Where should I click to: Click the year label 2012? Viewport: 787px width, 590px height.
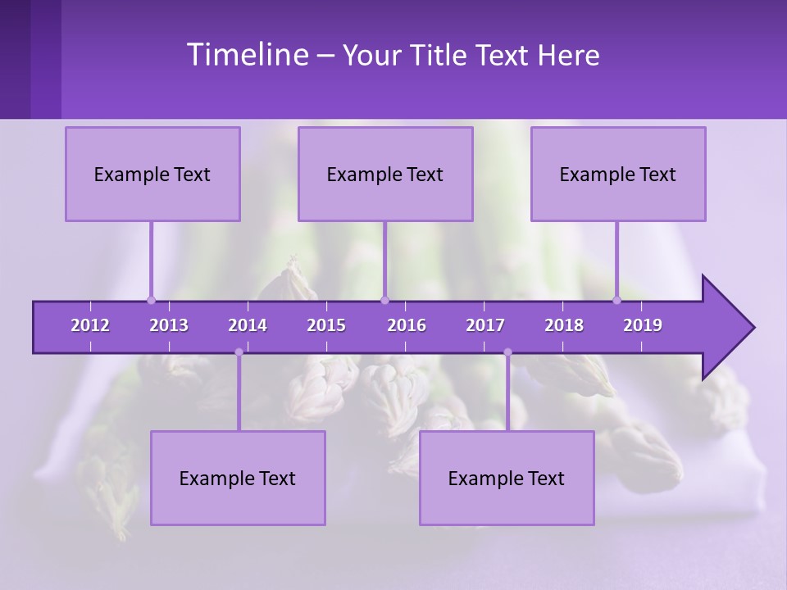[90, 325]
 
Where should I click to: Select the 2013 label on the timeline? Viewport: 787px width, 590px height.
[169, 325]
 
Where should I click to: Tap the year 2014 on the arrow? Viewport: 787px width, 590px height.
[248, 325]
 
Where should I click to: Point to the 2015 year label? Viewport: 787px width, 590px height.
[326, 325]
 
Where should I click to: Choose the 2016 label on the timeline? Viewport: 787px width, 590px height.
[407, 325]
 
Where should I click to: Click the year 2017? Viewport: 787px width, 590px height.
[485, 325]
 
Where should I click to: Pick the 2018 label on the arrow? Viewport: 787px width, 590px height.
[564, 325]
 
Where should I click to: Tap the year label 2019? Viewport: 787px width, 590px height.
[643, 325]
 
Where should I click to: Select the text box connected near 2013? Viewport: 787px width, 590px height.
[152, 174]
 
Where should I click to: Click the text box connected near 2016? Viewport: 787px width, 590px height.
[385, 174]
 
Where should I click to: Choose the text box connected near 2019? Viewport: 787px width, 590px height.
[618, 174]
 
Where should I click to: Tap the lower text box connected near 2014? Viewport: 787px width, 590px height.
[238, 478]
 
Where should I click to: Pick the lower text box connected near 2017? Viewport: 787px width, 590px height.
[507, 478]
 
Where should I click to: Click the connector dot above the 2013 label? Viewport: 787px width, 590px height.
[151, 300]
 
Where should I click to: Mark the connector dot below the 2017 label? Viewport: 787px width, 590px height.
[507, 352]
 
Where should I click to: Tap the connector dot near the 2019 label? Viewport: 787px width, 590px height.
[617, 300]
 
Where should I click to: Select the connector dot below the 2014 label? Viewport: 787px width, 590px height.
[239, 352]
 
